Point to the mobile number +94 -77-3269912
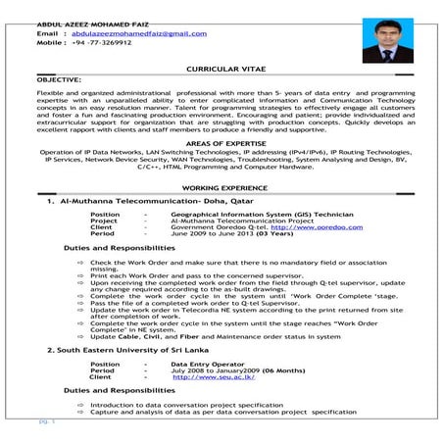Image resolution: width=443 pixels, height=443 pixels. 101,44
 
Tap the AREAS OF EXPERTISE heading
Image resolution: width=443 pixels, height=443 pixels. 222,143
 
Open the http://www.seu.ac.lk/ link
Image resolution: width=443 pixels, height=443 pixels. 209,376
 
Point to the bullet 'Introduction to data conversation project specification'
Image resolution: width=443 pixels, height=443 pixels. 185,404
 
